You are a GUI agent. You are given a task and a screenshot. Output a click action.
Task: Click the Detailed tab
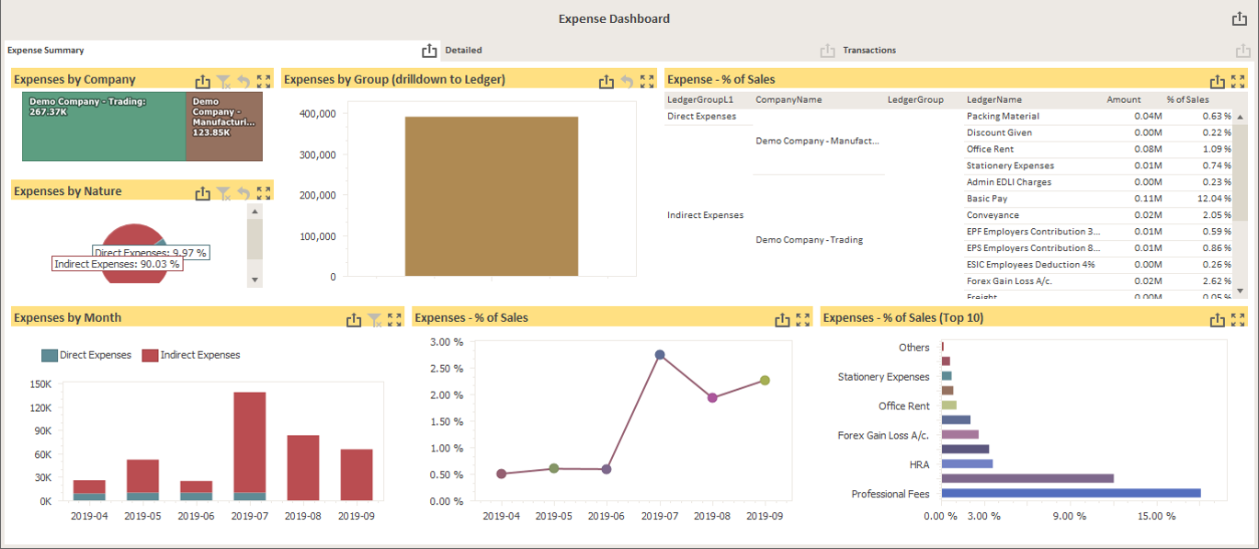[463, 51]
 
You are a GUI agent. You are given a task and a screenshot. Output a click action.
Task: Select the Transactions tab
[868, 51]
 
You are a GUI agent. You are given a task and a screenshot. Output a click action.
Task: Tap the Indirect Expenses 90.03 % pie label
[117, 264]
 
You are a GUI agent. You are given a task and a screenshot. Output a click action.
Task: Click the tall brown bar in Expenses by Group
[491, 196]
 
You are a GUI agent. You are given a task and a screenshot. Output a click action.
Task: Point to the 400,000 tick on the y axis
[317, 114]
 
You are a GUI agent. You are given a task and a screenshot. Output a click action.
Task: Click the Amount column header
[1123, 99]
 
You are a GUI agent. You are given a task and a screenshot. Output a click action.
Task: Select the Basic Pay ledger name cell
[988, 199]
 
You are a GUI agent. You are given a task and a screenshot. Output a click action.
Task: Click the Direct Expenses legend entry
[87, 355]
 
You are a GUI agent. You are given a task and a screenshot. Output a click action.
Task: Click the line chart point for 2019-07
[659, 355]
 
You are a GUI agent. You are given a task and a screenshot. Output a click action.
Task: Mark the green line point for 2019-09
[765, 381]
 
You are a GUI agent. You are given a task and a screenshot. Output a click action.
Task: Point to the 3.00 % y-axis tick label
[447, 342]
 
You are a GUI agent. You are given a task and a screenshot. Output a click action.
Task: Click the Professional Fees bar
[1071, 494]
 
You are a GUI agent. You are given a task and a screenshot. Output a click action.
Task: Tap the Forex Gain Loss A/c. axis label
[883, 436]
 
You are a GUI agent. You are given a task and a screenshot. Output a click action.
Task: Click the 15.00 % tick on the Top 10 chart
[1155, 516]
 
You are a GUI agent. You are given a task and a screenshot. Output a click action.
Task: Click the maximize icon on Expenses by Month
[394, 320]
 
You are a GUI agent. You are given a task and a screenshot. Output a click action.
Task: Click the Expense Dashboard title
[614, 18]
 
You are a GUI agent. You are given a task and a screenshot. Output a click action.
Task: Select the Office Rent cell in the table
[990, 149]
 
